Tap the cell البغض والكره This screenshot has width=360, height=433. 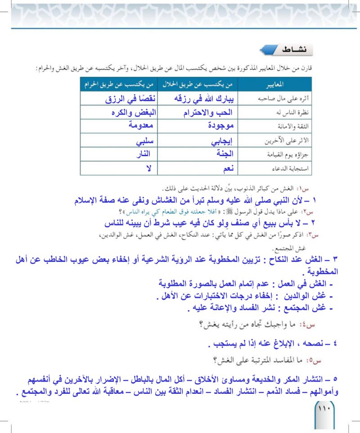tap(131, 113)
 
